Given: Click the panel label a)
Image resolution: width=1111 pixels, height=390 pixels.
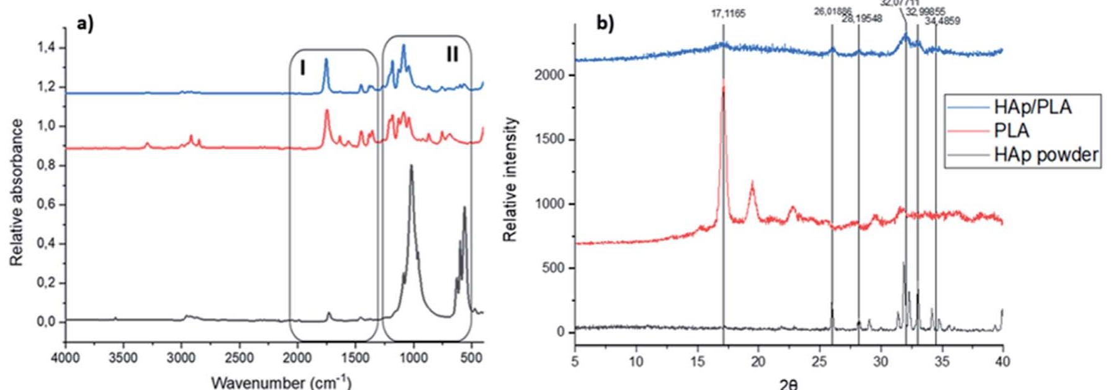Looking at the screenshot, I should coord(85,25).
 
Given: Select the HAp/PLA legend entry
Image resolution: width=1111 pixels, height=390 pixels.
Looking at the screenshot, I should coord(1032,107).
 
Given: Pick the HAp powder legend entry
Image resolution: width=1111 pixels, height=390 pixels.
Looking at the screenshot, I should coord(1046,155).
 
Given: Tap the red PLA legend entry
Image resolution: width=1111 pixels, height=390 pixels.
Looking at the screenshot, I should coord(1012,131).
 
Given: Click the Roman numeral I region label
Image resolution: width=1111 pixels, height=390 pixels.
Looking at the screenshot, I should coord(303,67).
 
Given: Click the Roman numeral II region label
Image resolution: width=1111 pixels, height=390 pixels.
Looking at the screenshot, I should coord(452,55).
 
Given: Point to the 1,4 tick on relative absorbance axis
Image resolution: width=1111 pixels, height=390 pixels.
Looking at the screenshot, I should coord(46,48).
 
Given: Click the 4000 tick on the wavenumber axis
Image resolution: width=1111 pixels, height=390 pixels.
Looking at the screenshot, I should coord(65,358).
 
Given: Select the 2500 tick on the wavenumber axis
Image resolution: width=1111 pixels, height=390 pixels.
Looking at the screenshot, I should coord(239,358).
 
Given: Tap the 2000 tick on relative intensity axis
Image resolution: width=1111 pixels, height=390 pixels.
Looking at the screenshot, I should coord(549,75).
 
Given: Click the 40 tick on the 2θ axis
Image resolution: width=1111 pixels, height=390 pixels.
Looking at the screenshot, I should coord(1002,361).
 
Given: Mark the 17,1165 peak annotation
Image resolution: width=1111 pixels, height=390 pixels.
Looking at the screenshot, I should coord(728,14).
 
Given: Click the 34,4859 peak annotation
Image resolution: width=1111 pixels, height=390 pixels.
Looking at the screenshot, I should coord(942,21).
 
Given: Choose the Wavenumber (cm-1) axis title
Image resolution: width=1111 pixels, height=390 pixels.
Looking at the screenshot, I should coord(281,381).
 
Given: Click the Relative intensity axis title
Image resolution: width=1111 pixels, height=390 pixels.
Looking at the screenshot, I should coord(510,179).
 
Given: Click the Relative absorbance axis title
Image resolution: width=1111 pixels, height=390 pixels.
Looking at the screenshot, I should coord(17,193).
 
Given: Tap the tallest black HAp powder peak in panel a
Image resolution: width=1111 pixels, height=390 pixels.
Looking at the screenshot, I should coord(411,166).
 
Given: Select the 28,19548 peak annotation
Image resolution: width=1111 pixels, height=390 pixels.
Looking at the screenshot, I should coord(861,19).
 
